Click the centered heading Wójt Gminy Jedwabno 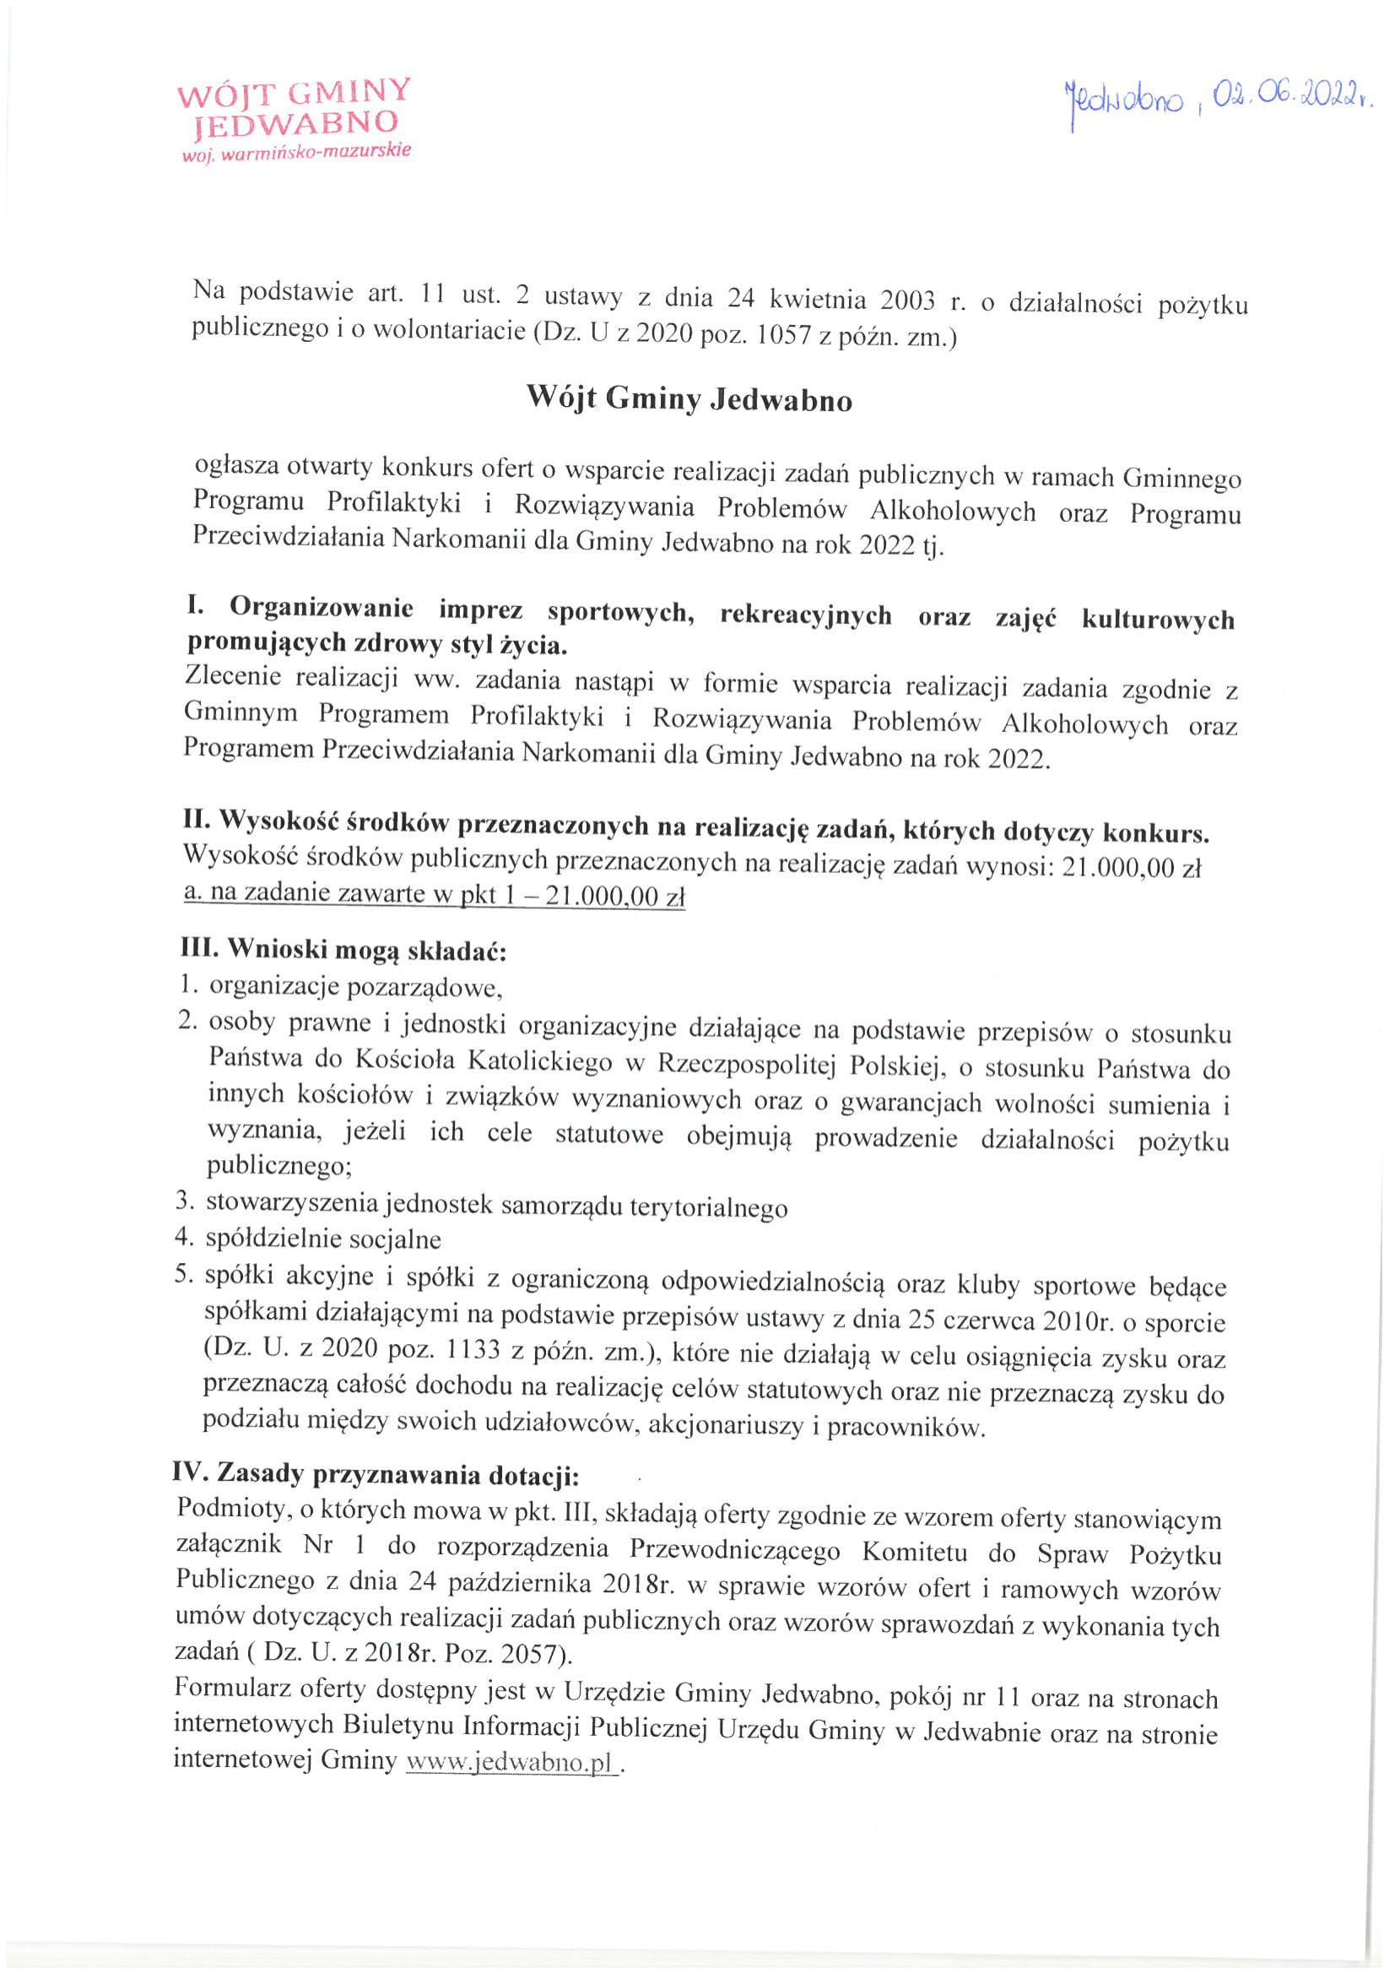tap(689, 398)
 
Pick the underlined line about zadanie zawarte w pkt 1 tap(434, 895)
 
